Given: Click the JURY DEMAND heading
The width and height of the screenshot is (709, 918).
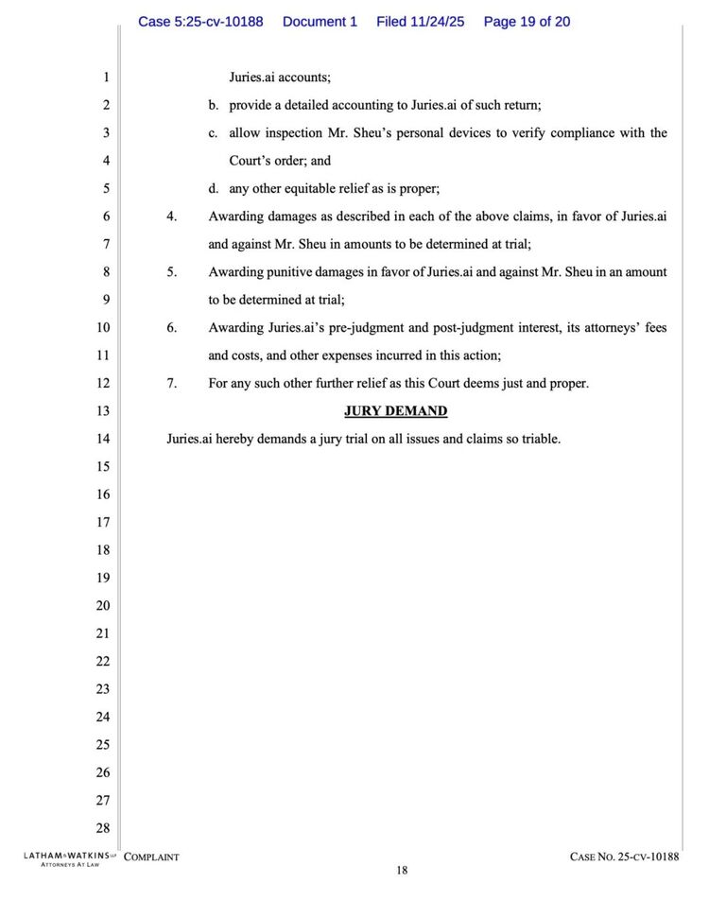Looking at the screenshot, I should point(395,411).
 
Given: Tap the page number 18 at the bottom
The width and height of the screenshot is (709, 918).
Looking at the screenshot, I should point(402,871).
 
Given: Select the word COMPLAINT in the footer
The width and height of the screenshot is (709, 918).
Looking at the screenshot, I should point(151,857).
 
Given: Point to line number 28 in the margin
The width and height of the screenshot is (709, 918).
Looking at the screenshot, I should point(103,828).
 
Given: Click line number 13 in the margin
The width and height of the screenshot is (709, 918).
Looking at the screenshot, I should point(103,411).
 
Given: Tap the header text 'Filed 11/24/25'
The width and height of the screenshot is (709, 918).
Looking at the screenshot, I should point(422,21).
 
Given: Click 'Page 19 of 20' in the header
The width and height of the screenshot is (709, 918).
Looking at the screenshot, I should point(527,21).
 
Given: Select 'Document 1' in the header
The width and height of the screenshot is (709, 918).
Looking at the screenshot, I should point(320,21).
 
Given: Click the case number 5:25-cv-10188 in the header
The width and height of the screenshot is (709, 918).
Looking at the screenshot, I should point(200,21).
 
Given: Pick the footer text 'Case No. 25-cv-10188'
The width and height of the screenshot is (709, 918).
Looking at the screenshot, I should point(624,857).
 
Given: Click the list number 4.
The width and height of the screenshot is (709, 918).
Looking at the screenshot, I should point(172,217).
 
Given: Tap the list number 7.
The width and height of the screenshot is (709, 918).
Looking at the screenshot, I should point(172,383).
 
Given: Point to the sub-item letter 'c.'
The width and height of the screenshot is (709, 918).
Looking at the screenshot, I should point(214,133).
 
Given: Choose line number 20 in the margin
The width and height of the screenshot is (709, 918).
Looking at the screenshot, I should point(103,606).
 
